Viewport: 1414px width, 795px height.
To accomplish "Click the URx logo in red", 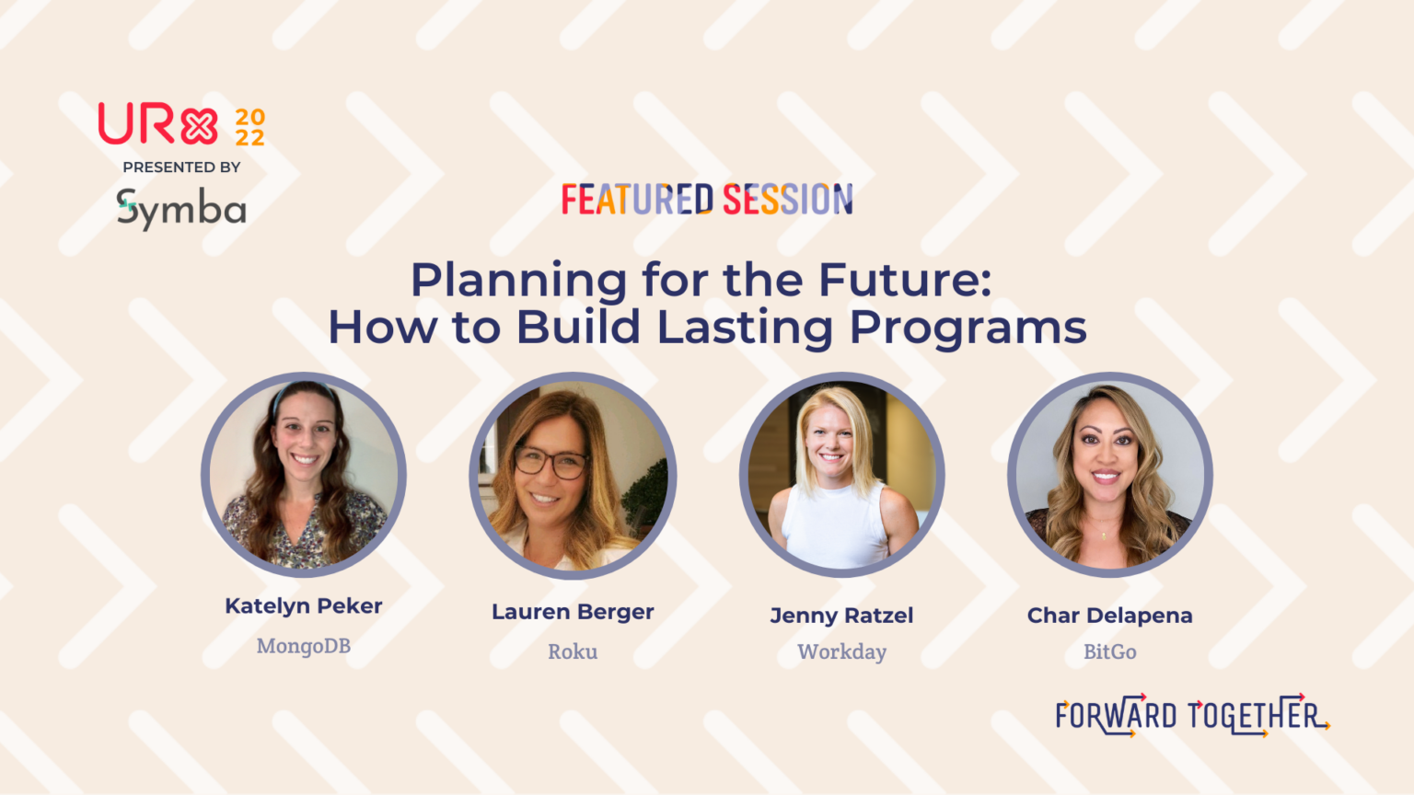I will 157,124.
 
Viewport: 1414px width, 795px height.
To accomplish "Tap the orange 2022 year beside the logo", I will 249,128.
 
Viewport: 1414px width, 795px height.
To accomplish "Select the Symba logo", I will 181,209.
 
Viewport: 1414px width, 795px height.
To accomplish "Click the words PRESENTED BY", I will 181,167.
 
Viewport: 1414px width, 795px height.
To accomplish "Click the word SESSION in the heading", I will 788,200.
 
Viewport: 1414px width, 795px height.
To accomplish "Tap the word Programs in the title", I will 968,328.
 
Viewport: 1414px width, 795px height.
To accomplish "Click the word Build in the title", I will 578,328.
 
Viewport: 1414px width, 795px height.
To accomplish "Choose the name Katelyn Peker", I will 304,605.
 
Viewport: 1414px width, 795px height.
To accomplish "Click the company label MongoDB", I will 304,646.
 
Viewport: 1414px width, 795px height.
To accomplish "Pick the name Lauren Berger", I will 573,612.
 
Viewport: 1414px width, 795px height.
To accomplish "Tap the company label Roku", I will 573,651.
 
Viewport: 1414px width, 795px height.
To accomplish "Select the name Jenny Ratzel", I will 841,616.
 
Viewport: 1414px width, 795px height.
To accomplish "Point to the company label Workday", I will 841,651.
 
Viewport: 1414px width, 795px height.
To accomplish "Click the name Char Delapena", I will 1109,616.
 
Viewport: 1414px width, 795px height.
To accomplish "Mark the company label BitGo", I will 1109,651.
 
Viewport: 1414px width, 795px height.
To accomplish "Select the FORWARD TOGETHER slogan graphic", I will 1191,715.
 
